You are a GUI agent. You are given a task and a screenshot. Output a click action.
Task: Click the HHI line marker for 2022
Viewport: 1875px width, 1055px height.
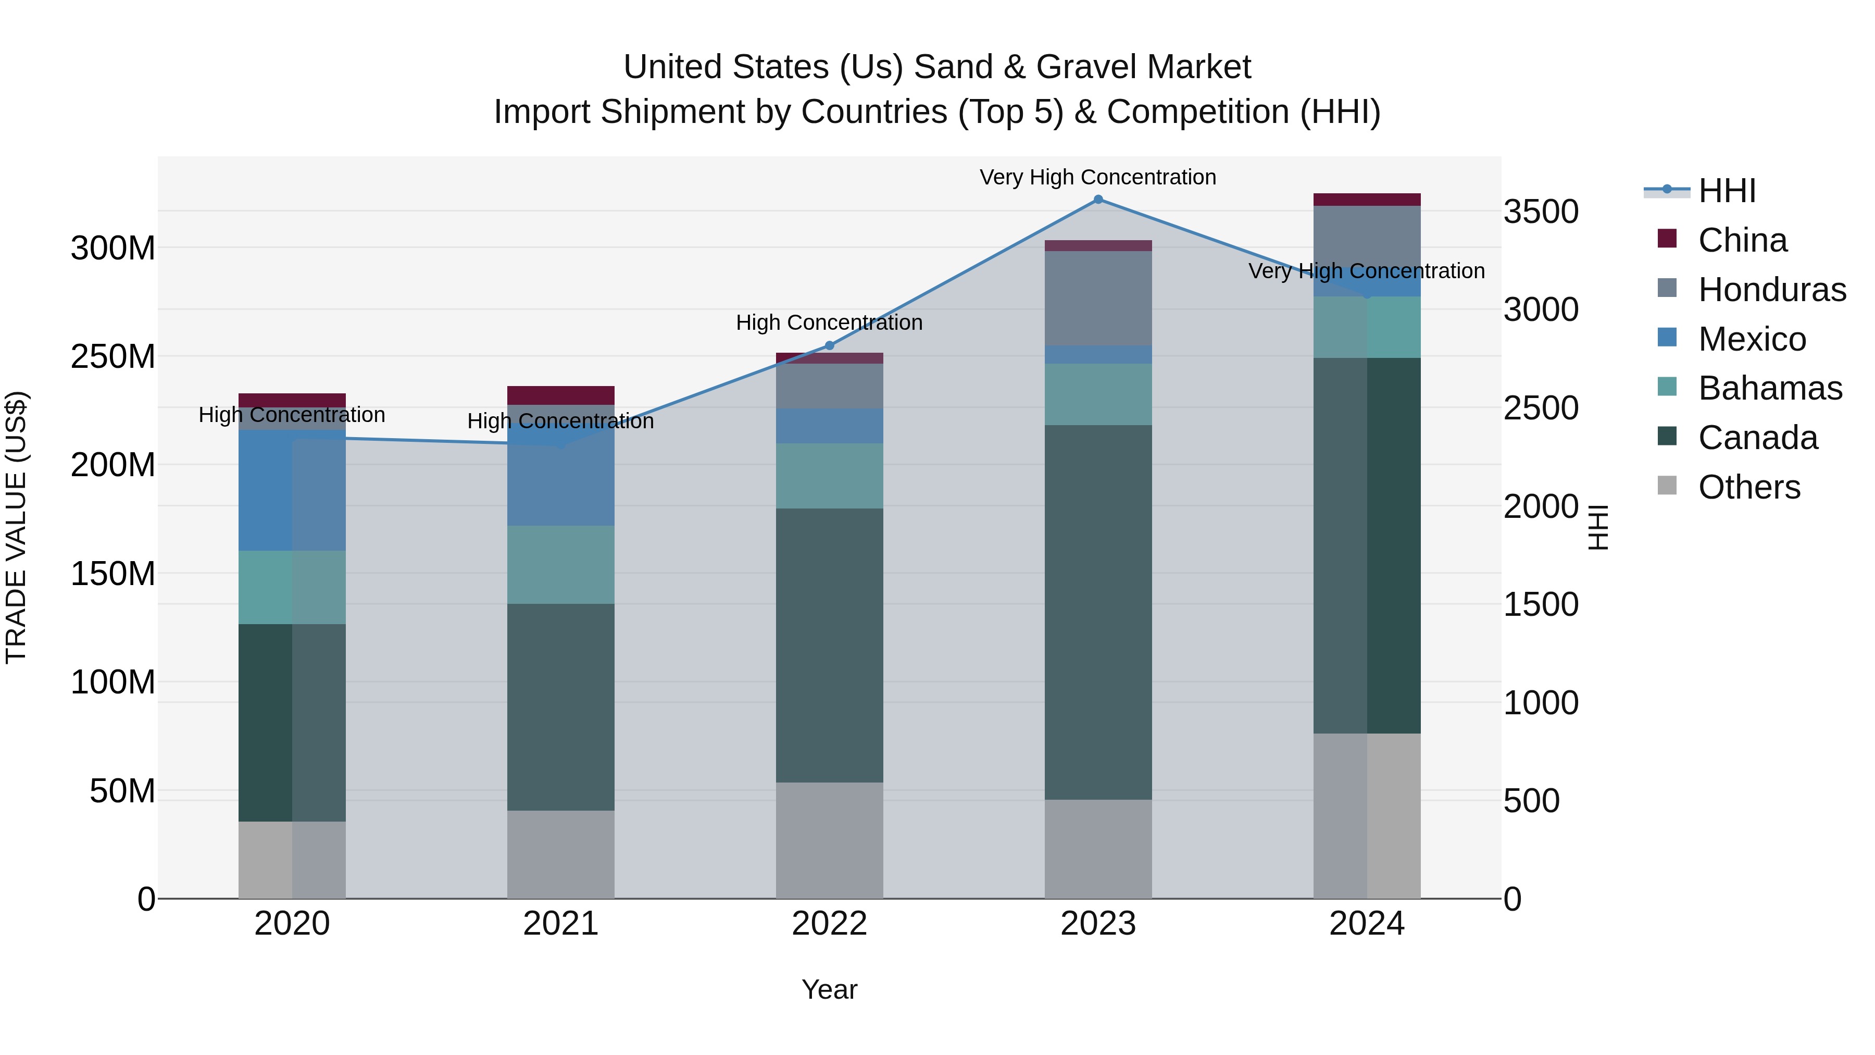829,346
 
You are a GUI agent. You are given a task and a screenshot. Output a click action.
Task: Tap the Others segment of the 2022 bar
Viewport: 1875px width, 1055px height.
829,840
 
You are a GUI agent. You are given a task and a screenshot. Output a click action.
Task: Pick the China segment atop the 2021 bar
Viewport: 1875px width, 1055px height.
560,395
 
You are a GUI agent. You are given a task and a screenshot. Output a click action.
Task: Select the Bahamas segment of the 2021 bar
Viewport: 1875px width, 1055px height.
560,564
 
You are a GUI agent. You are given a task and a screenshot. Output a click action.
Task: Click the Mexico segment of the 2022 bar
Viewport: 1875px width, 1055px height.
829,426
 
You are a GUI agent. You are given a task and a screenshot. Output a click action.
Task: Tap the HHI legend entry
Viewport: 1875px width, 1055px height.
1726,191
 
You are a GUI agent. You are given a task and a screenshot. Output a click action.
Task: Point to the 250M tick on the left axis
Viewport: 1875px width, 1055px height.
113,357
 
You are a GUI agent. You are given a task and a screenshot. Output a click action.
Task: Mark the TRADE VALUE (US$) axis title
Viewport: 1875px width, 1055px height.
16,527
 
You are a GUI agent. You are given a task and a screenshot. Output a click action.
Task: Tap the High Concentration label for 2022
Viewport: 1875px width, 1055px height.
829,322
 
